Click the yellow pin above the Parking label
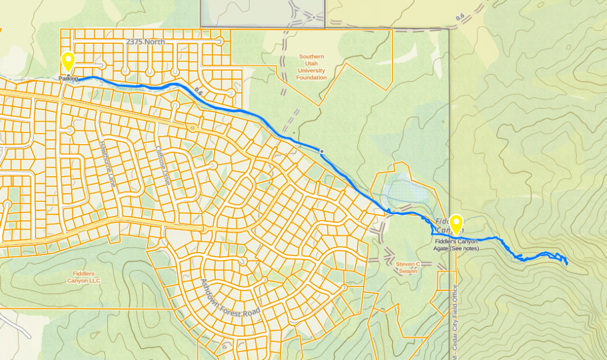pos(68,61)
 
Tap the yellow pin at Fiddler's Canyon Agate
pos(456,224)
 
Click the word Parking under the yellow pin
pos(68,78)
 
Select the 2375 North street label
pos(146,42)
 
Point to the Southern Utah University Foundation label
pos(312,67)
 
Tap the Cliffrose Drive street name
pos(162,166)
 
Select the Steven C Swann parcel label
pos(408,267)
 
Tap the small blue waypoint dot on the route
pos(322,152)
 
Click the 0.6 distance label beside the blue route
pos(198,93)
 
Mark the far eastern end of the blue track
pos(567,263)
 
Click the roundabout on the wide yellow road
pos(191,128)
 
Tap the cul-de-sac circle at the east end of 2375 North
pos(220,42)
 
